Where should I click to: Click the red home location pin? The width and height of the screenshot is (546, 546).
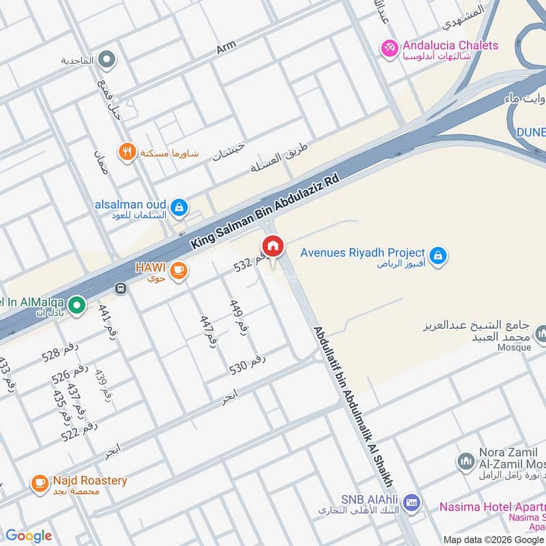tap(273, 246)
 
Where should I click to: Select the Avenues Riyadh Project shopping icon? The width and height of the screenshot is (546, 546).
tap(440, 257)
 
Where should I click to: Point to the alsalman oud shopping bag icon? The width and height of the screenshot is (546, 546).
tap(178, 207)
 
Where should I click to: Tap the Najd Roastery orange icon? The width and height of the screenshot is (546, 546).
tap(40, 485)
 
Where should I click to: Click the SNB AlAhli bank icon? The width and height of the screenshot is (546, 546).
tap(411, 504)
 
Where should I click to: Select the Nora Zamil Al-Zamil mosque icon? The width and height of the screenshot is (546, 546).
tap(466, 463)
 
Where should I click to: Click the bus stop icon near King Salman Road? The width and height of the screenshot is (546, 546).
tap(121, 288)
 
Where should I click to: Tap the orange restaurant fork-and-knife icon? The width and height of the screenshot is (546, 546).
tap(126, 152)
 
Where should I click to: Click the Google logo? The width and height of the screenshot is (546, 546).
tap(28, 536)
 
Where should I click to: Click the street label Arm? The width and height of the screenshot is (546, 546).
tap(226, 47)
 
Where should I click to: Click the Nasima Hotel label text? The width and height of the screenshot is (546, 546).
tap(491, 506)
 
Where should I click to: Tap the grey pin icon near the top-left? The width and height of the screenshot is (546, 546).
tap(106, 60)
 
